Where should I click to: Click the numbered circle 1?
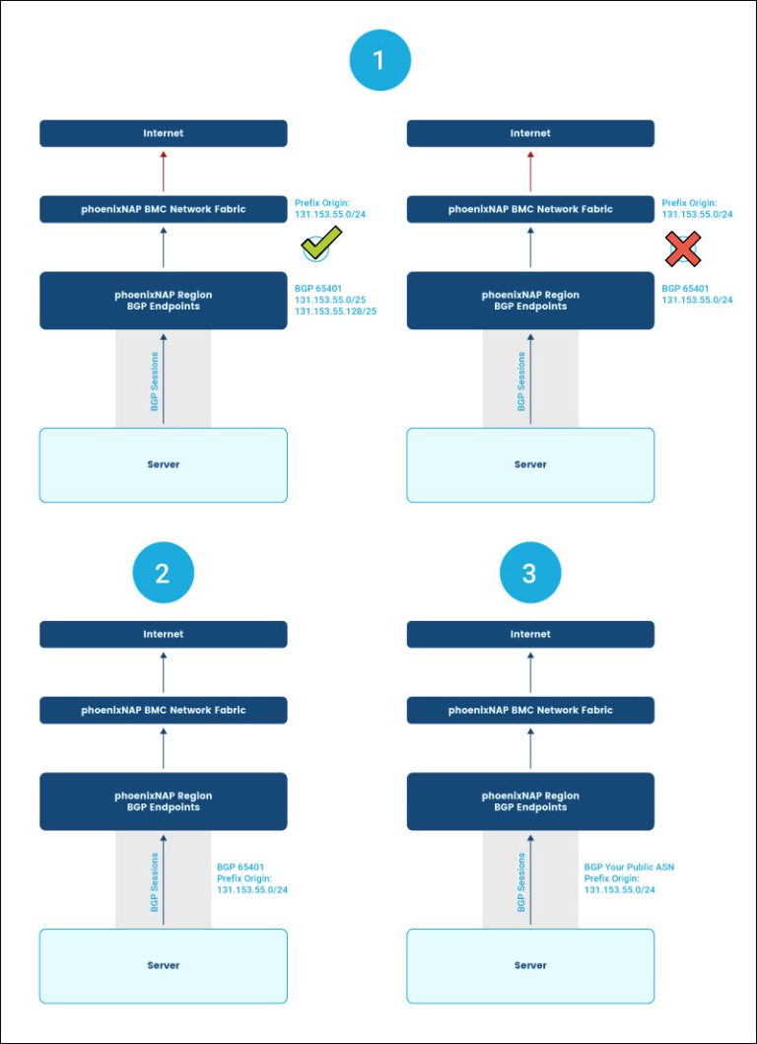click(x=379, y=61)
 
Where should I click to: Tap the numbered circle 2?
click(x=163, y=573)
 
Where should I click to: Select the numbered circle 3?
click(x=529, y=573)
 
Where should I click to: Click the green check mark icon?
click(x=321, y=243)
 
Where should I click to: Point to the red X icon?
click(x=682, y=249)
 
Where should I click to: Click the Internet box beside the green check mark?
click(x=164, y=133)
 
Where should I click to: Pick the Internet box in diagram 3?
click(x=530, y=634)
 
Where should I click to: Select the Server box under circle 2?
click(x=164, y=965)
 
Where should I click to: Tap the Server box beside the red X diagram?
click(x=530, y=464)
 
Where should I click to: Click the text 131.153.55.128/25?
click(x=335, y=312)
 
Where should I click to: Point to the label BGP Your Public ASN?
click(x=629, y=868)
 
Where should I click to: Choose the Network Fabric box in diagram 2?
click(x=164, y=710)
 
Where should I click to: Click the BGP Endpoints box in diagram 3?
click(x=530, y=800)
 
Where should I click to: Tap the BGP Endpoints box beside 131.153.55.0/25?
click(x=164, y=300)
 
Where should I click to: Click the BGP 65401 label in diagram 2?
click(x=242, y=868)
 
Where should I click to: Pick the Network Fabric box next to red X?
click(x=530, y=209)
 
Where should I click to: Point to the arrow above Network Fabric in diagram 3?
click(x=530, y=672)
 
